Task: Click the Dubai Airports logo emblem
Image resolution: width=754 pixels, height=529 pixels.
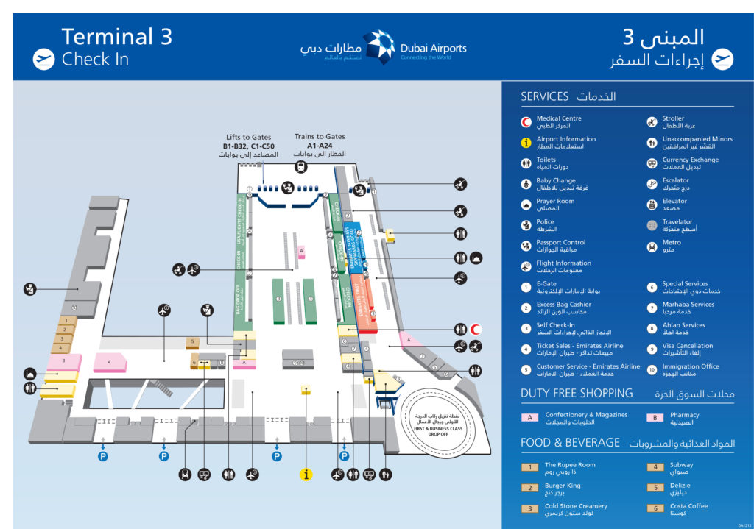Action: click(x=378, y=47)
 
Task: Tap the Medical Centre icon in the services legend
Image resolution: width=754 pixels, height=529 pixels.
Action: click(x=526, y=122)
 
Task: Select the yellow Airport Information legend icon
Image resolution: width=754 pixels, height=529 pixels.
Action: click(x=526, y=143)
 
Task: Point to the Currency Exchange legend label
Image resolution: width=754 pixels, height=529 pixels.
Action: click(x=690, y=160)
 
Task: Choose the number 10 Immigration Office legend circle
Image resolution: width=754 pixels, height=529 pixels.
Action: click(x=652, y=370)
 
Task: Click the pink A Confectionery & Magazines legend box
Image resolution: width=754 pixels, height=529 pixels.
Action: click(x=529, y=418)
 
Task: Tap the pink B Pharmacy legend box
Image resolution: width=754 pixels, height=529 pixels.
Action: click(x=655, y=418)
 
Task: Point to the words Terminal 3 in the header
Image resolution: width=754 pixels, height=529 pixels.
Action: click(x=116, y=37)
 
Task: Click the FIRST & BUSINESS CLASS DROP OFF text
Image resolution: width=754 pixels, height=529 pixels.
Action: click(x=440, y=430)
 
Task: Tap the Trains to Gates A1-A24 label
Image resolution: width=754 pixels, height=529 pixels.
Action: click(x=320, y=141)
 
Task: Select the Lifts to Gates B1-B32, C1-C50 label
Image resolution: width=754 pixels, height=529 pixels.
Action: click(x=248, y=146)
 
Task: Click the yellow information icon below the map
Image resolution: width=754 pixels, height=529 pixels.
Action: click(x=306, y=475)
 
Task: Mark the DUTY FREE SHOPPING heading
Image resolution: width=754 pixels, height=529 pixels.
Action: click(x=577, y=393)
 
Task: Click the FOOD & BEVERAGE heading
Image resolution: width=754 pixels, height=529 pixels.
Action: click(x=570, y=443)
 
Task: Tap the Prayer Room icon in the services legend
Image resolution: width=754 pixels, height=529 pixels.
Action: click(x=526, y=205)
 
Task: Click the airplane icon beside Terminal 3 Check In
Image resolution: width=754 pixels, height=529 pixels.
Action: click(x=44, y=59)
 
